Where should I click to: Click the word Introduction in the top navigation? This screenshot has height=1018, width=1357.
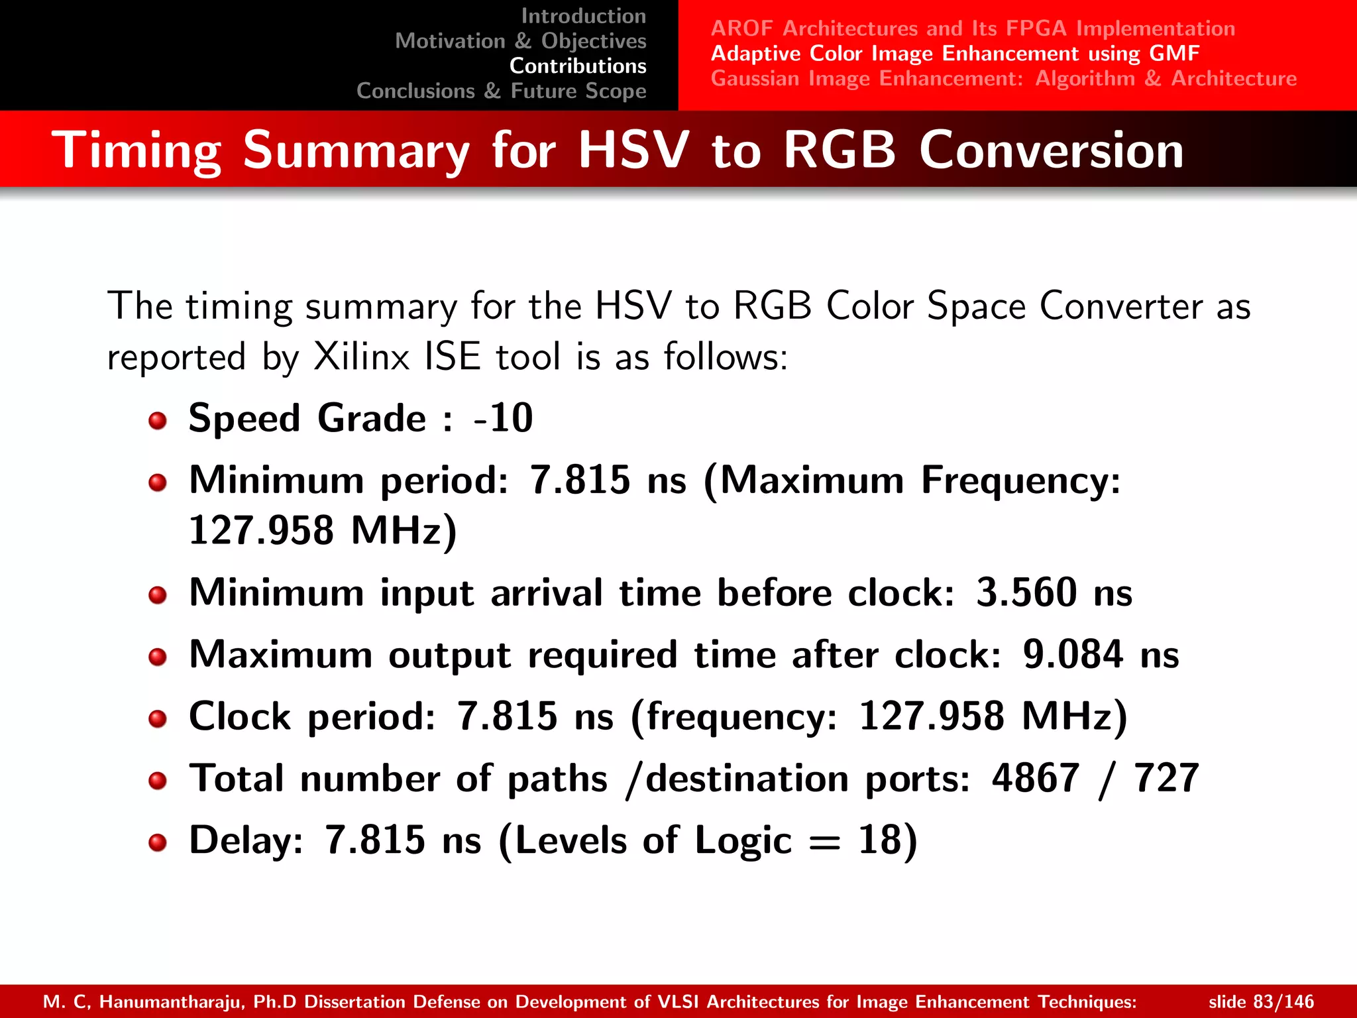point(583,16)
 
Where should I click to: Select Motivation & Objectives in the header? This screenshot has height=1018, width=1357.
point(521,41)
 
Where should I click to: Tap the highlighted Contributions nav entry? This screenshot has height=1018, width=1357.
point(578,66)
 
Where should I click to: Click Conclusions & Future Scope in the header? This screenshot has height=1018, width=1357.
point(502,91)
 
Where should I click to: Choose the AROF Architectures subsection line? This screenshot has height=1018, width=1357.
point(973,28)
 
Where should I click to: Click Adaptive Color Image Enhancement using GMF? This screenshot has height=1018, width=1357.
point(955,53)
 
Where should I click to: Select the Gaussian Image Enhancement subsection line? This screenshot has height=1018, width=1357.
point(1003,78)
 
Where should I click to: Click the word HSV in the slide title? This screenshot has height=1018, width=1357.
point(633,150)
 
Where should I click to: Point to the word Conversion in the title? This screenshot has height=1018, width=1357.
point(1051,150)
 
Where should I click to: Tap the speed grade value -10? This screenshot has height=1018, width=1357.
point(504,418)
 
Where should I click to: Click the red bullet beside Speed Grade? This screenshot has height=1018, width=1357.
point(158,421)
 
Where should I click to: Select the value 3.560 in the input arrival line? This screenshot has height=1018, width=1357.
point(1026,593)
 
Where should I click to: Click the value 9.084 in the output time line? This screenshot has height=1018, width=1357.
point(1073,655)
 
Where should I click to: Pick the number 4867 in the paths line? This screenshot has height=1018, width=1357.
point(1035,778)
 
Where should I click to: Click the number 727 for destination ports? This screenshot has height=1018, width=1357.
point(1166,778)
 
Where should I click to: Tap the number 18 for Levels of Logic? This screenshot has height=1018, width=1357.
point(879,840)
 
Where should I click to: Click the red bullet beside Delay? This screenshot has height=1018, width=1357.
point(158,843)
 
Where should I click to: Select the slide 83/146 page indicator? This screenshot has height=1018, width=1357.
point(1261,1001)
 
